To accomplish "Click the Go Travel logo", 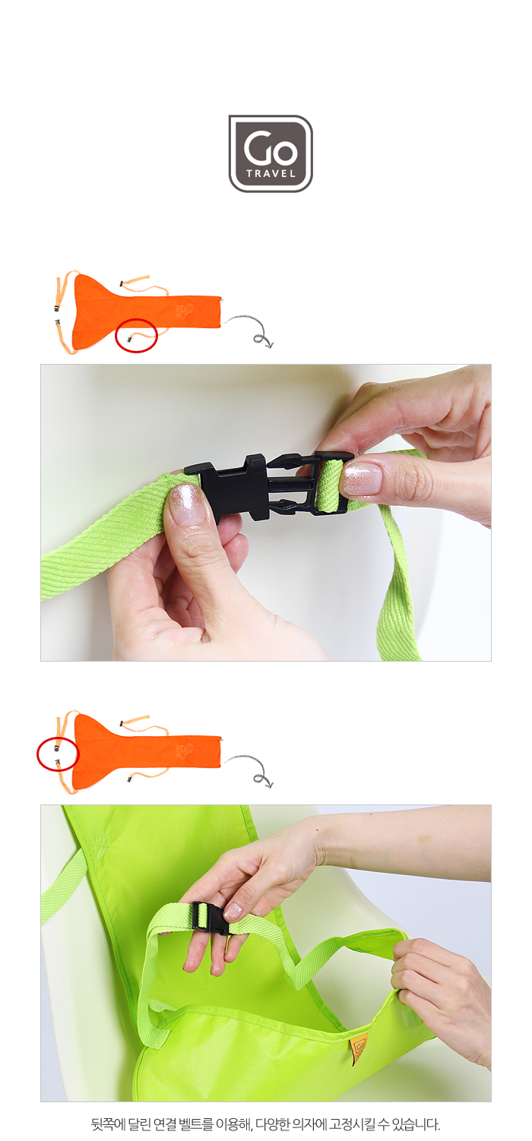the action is coord(270,153).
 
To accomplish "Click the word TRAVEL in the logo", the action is coord(271,173).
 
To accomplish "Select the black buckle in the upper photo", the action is coord(269,485).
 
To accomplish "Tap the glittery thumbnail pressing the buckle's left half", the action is coord(186,505).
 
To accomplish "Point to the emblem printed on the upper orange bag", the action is coord(185,310).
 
